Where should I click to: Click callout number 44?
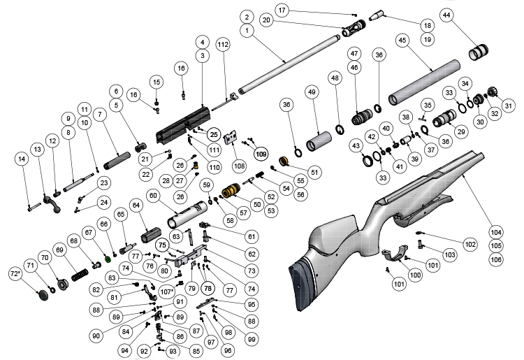click(x=446, y=16)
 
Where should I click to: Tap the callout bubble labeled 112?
click(x=223, y=45)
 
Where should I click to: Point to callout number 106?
click(x=496, y=259)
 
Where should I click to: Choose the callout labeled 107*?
click(x=168, y=291)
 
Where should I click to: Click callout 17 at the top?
click(x=282, y=10)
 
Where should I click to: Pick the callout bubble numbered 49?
click(x=312, y=93)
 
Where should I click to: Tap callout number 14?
click(x=22, y=159)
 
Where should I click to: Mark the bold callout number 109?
click(x=261, y=153)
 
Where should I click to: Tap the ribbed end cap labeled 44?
click(x=479, y=51)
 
